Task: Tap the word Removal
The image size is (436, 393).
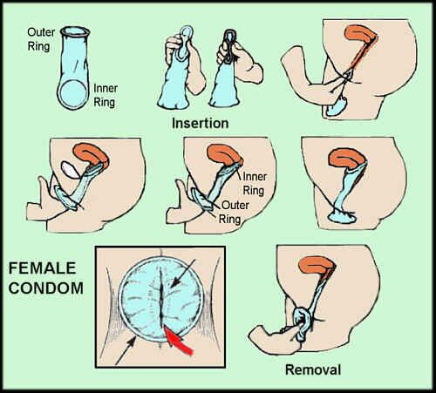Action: click(x=313, y=369)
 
